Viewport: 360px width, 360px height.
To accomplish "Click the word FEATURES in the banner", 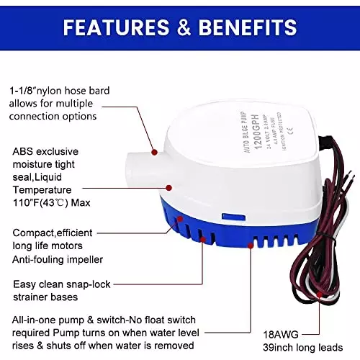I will pyautogui.click(x=110, y=28).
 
